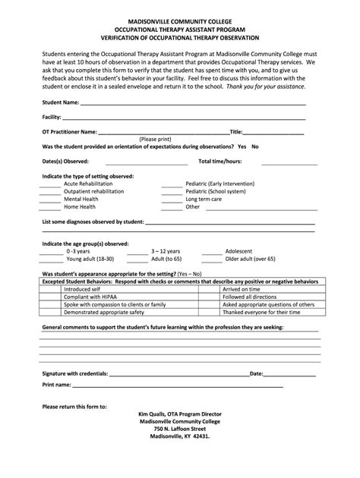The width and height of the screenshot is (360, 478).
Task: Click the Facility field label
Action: (x=52, y=118)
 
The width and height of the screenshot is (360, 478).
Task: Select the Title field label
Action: (x=236, y=132)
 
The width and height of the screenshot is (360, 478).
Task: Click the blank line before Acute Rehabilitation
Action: (x=50, y=184)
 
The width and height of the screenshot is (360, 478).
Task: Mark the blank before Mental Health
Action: (x=50, y=200)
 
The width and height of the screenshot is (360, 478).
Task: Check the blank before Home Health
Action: (x=50, y=207)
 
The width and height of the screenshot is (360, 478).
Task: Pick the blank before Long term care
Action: (x=172, y=200)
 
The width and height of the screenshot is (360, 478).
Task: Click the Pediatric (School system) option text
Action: (x=216, y=192)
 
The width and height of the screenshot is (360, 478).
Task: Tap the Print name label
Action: (x=57, y=385)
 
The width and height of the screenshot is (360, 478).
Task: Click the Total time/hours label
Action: (x=220, y=162)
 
